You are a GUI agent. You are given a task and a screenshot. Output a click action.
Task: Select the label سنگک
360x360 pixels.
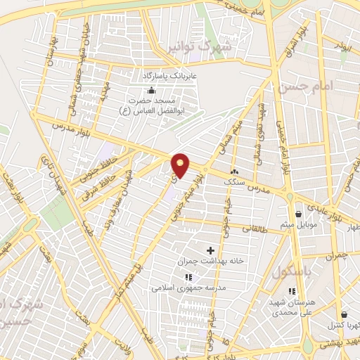pyautogui.click(x=234, y=182)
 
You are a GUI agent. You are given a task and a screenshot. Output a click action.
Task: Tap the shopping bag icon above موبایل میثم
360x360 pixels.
pyautogui.click(x=298, y=214)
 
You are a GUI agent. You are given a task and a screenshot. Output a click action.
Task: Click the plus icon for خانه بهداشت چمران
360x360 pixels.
pyautogui.click(x=210, y=250)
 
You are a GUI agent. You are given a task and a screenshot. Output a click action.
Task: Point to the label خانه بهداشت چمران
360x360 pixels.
pyautogui.click(x=210, y=261)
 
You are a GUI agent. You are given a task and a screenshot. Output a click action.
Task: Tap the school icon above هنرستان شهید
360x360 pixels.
pyautogui.click(x=292, y=291)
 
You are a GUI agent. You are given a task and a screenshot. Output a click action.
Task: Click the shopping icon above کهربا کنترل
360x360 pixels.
pyautogui.click(x=343, y=315)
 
